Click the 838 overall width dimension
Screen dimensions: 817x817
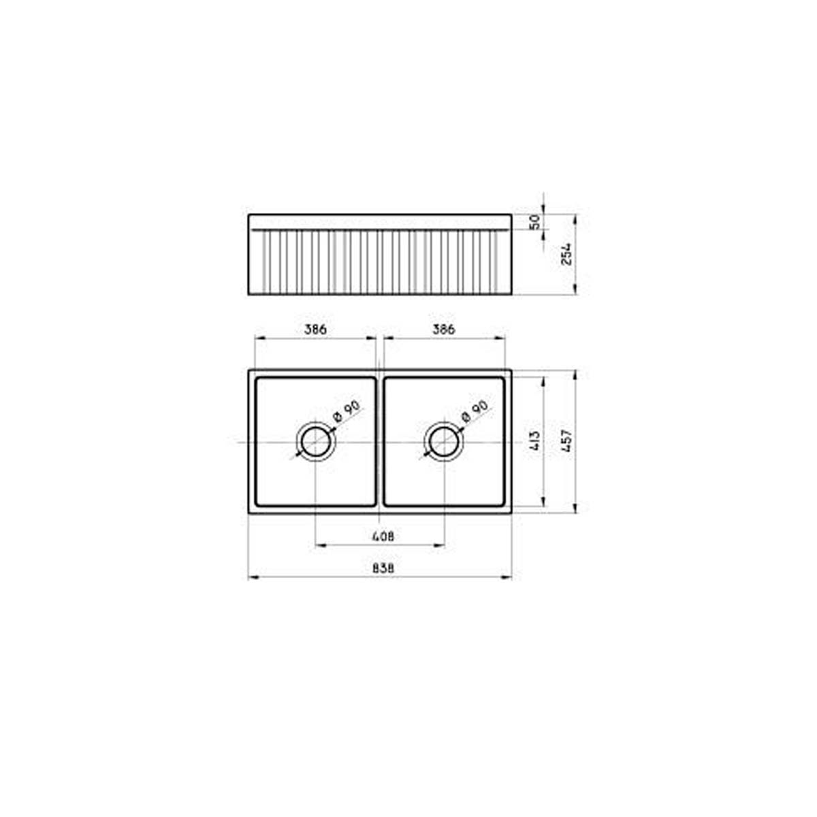click(x=383, y=568)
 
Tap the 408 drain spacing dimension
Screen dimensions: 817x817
click(x=383, y=536)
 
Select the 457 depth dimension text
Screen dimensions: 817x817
click(x=566, y=441)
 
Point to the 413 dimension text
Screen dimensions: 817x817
click(x=535, y=441)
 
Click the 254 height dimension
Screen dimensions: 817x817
click(x=566, y=254)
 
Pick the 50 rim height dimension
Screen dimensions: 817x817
click(x=535, y=222)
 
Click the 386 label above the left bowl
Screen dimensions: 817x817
click(x=315, y=330)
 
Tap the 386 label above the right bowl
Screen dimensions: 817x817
click(x=443, y=330)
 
